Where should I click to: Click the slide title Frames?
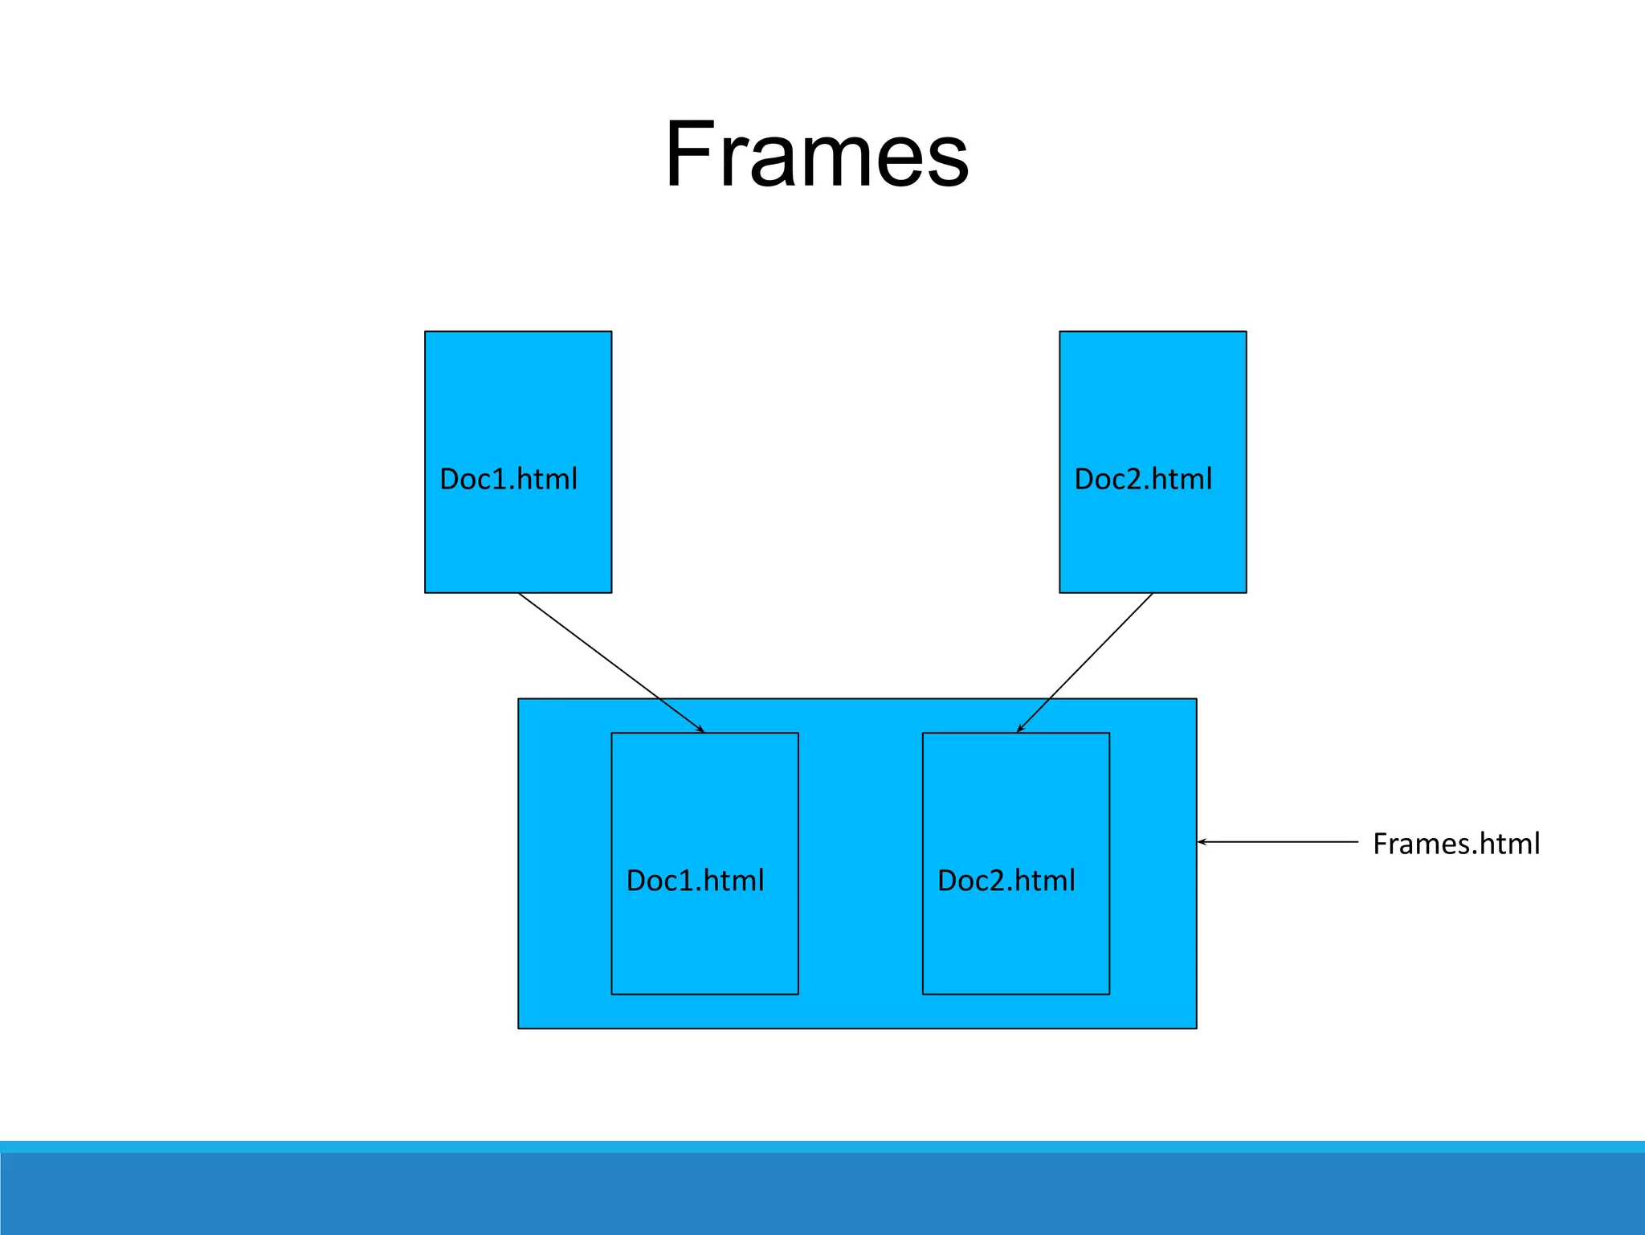817,154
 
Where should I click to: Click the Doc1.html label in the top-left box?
508,479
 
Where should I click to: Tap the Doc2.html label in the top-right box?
1143,479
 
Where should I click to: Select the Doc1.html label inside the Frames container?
695,881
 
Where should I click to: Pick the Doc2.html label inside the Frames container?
1006,881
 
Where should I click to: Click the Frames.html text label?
1455,844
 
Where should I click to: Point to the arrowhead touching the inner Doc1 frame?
701,730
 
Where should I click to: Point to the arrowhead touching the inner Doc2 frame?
1019,730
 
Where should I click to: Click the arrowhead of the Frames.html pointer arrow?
1201,842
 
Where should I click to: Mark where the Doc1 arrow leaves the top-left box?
519,594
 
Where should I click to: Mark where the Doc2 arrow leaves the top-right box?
1152,594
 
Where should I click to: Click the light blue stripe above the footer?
822,1147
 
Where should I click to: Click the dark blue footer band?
822,1195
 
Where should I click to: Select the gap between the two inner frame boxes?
860,864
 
